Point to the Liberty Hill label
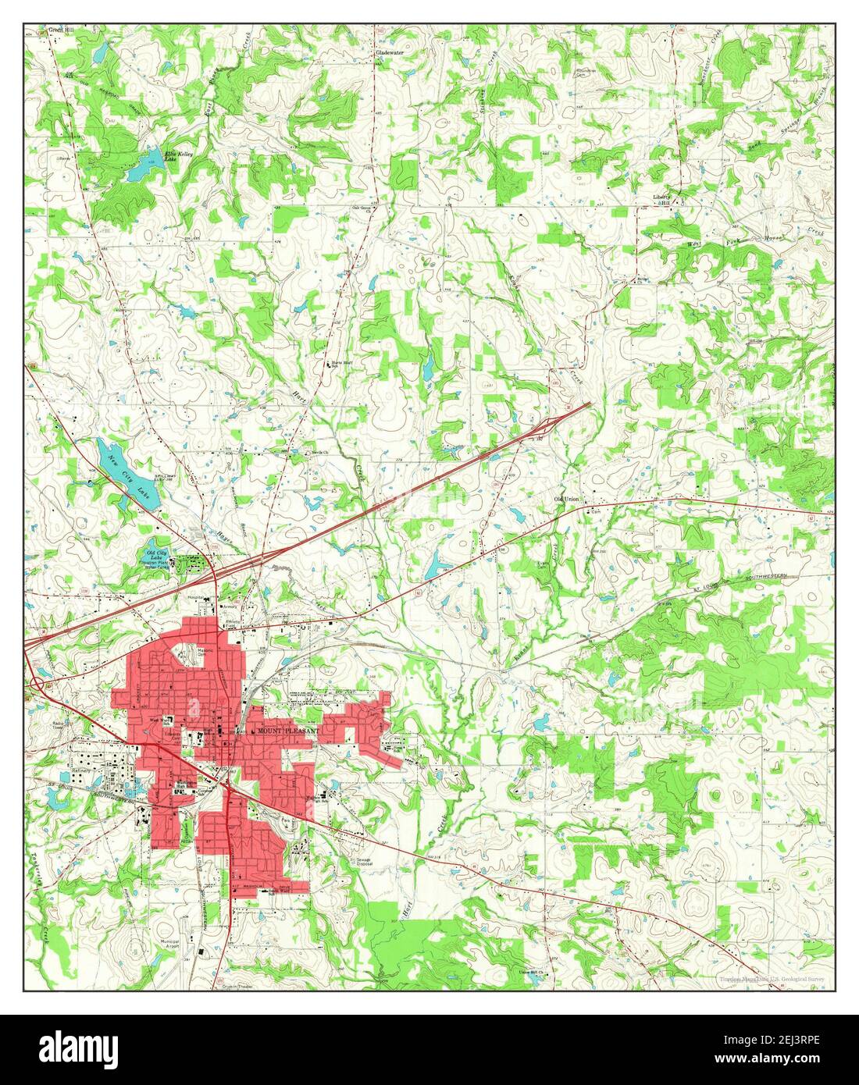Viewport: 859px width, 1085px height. [x=663, y=199]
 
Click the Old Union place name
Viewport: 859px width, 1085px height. [x=568, y=499]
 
